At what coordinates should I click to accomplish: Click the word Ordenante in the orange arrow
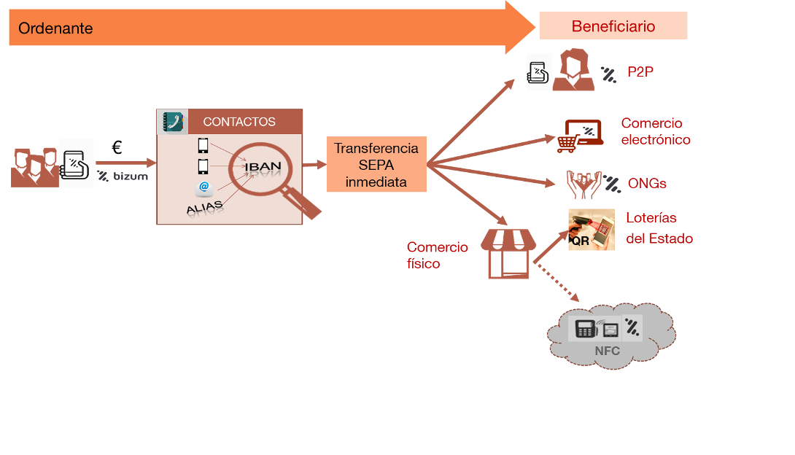coord(55,28)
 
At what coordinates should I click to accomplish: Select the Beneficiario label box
coord(613,27)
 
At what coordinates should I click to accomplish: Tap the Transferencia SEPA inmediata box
coord(376,165)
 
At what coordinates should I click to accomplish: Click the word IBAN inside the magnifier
coord(263,167)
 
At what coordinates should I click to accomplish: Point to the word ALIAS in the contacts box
coord(205,209)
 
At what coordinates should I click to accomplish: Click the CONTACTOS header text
coord(239,122)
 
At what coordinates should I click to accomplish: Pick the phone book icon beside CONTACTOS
coord(173,122)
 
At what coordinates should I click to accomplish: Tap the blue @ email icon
coord(203,187)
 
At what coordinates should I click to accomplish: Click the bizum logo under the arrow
coord(123,176)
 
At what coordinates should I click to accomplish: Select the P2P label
coord(640,72)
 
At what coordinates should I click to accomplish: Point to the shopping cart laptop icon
coord(579,136)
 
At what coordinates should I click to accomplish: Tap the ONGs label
coord(647,184)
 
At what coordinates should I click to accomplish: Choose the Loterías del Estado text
coord(659,228)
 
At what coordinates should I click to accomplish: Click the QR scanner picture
coord(591,230)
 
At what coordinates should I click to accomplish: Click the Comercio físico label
coord(437,255)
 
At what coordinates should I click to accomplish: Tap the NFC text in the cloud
coord(607,351)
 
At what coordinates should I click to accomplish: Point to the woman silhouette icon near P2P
coord(573,71)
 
